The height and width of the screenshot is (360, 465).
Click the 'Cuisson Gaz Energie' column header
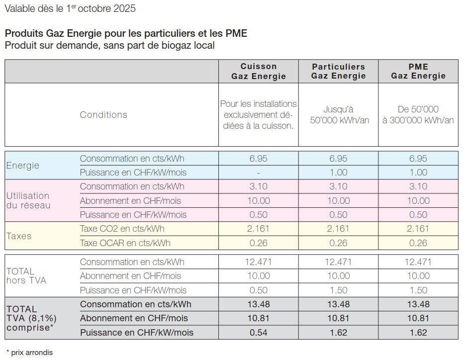pos(259,71)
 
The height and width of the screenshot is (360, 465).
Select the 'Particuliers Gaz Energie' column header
pos(338,71)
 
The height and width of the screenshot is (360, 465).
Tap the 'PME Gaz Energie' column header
pos(418,71)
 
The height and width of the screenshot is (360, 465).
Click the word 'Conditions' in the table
pos(103,115)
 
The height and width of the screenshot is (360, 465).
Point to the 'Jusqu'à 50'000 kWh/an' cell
pos(338,115)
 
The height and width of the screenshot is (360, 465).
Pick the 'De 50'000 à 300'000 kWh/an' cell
pos(418,115)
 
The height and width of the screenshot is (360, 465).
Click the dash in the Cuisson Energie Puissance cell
pos(259,173)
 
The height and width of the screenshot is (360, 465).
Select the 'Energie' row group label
pos(22,166)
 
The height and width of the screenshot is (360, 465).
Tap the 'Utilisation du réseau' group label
pos(28,200)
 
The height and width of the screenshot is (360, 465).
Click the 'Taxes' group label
pos(19,236)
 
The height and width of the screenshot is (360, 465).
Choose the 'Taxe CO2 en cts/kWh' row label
pos(122,229)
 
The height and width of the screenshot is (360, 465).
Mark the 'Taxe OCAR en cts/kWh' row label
pos(125,243)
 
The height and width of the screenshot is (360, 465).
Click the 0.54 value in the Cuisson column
pos(259,332)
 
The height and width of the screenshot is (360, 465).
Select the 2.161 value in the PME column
pos(418,229)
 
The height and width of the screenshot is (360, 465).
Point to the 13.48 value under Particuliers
pos(338,304)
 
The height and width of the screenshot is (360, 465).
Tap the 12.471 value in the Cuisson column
pos(259,262)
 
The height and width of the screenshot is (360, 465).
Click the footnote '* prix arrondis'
pos(29,353)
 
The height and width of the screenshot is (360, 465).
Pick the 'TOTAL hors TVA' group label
pos(26,276)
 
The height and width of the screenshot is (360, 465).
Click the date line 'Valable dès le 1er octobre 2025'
pos(70,9)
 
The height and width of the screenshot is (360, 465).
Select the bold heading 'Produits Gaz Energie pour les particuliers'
pos(126,33)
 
